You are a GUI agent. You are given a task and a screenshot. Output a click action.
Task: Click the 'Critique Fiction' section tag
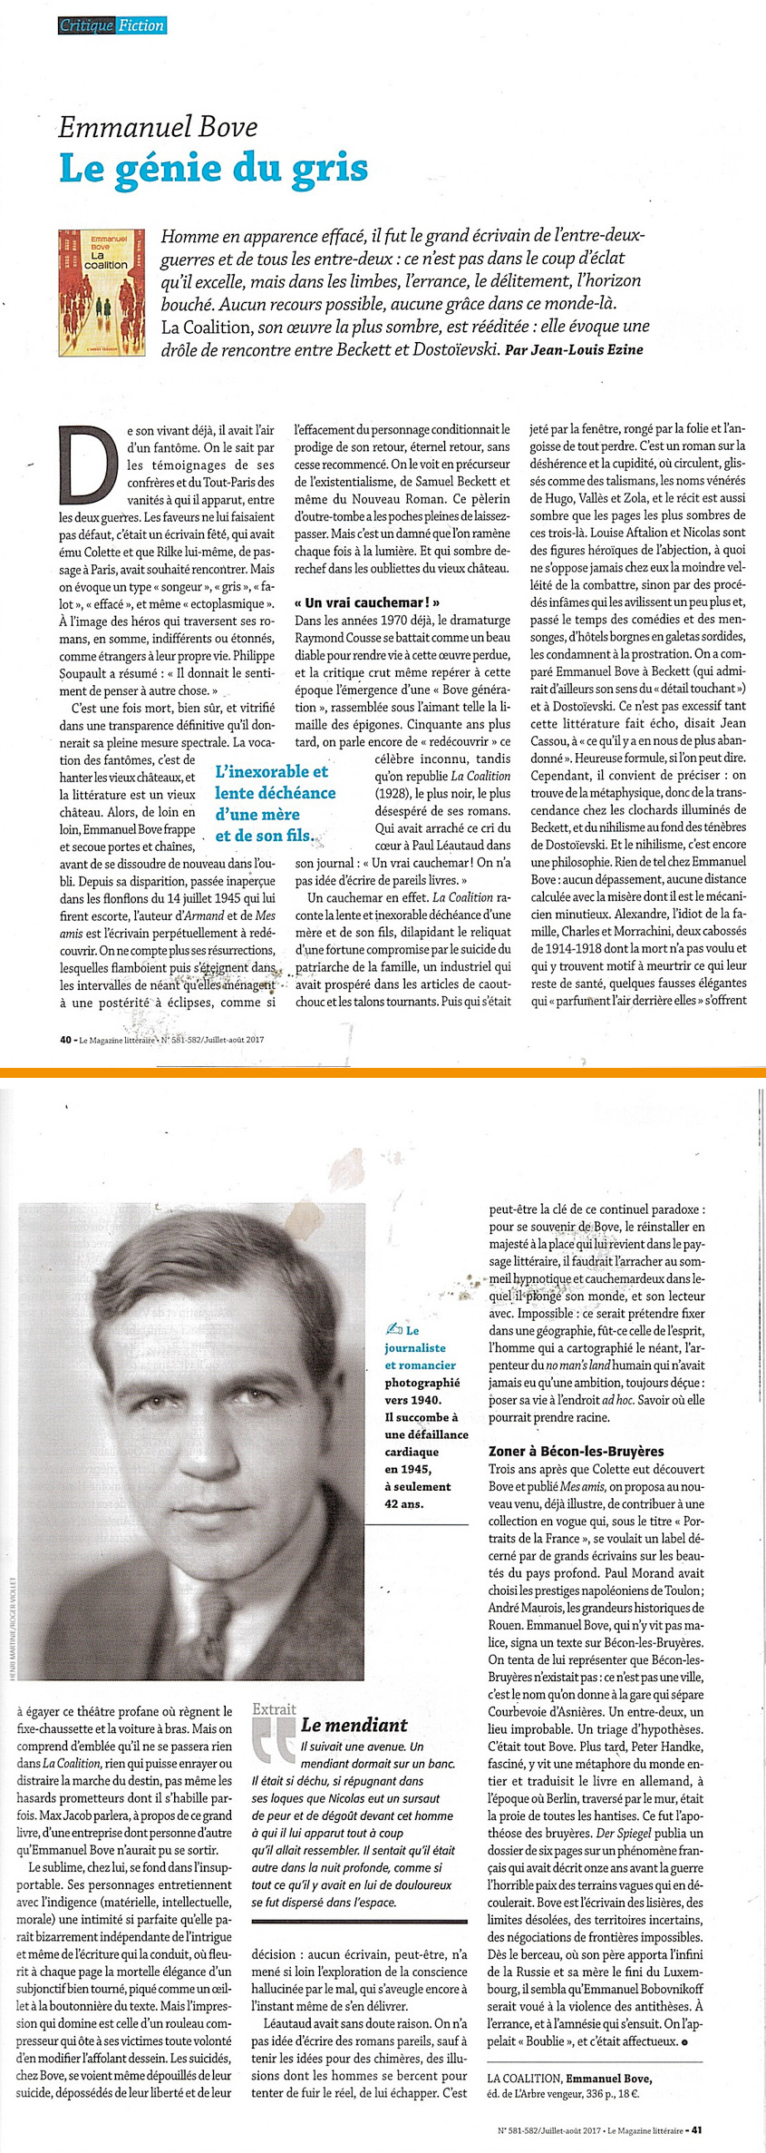[112, 25]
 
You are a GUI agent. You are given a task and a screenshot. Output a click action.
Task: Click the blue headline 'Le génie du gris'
[213, 169]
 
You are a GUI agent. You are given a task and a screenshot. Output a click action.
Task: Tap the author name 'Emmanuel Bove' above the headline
[158, 127]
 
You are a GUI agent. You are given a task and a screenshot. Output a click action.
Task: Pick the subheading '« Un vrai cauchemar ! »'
[368, 602]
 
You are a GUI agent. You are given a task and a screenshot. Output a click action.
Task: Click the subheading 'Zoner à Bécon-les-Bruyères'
[576, 1451]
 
